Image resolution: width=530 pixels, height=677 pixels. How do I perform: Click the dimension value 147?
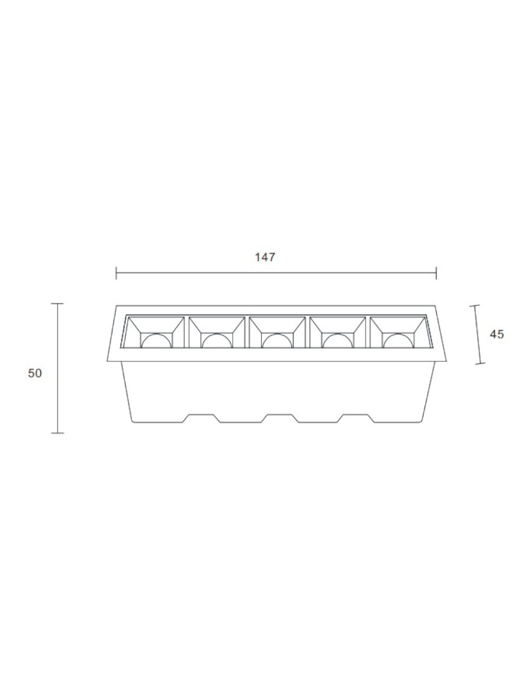[x=265, y=257]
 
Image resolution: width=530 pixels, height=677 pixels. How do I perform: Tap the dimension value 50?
[x=34, y=373]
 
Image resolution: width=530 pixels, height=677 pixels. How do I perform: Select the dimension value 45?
[x=497, y=334]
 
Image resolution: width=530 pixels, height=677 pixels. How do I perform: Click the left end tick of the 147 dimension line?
[x=116, y=273]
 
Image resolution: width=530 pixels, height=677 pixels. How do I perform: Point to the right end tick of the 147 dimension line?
[x=436, y=273]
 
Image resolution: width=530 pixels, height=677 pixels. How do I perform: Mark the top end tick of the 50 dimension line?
[x=57, y=303]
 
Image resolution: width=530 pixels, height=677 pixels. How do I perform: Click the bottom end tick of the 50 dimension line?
[x=58, y=433]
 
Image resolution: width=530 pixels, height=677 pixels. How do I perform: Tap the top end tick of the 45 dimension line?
[x=474, y=306]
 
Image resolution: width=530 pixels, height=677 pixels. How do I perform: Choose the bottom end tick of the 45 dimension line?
[x=481, y=363]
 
